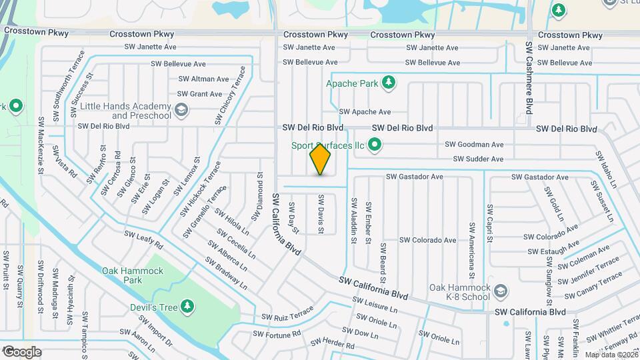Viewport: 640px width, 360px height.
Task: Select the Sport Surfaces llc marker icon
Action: [375, 145]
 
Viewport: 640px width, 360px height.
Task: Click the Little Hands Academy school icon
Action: [181, 110]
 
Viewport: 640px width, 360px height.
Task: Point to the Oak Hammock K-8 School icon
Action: [501, 291]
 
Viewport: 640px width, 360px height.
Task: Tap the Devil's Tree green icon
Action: [189, 306]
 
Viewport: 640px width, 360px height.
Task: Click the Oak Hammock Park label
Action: [122, 275]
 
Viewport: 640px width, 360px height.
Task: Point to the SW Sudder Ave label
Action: [478, 159]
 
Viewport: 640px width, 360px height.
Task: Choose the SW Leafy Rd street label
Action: [143, 240]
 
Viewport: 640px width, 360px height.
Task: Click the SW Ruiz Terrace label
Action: [287, 314]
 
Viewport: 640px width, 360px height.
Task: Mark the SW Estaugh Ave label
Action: [552, 251]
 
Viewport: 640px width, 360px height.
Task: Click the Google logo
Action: [21, 351]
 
